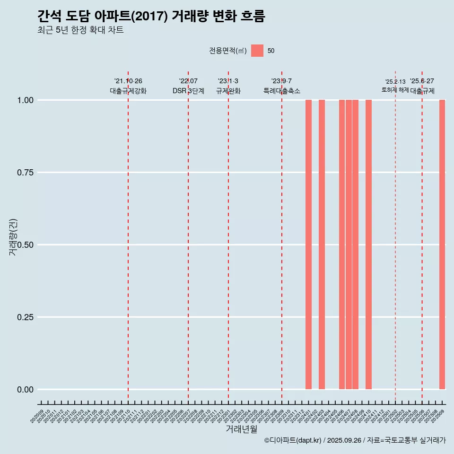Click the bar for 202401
point(308,244)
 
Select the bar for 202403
point(322,244)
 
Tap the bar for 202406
point(342,244)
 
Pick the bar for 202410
point(368,244)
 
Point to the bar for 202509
point(442,244)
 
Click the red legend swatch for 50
point(257,51)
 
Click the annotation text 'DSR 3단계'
point(188,91)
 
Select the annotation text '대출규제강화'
point(128,91)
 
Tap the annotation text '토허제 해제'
point(395,90)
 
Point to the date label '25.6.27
point(422,81)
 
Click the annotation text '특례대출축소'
point(282,91)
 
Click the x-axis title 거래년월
point(241,429)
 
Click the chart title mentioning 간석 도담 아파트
point(151,17)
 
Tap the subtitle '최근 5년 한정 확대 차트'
point(80,30)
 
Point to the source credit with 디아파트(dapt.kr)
point(355,440)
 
